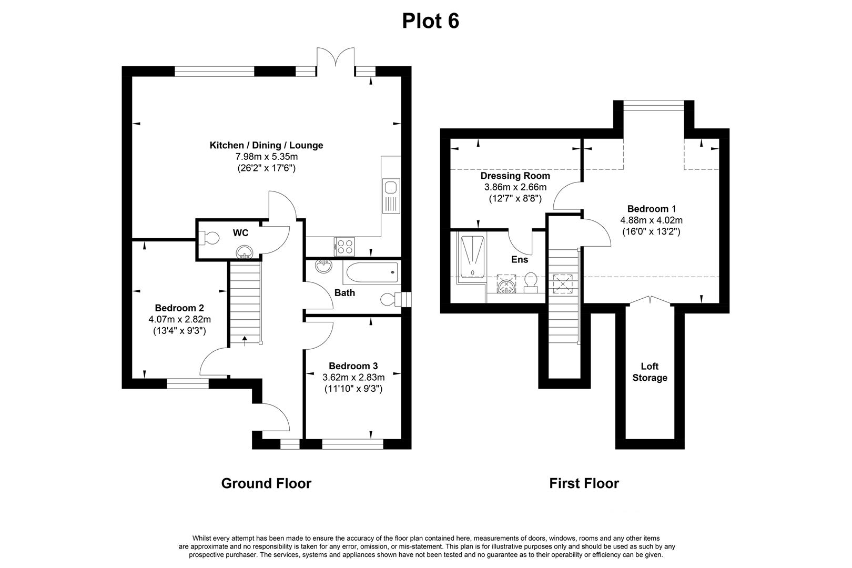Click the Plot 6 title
(x=430, y=21)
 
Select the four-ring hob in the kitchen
(x=344, y=245)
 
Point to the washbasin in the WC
(x=244, y=253)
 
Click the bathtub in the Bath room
(x=371, y=272)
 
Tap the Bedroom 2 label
(x=179, y=308)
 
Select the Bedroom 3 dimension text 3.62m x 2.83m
(x=353, y=377)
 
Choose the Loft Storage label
(x=650, y=372)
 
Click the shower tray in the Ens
(x=472, y=257)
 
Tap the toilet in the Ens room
(x=530, y=283)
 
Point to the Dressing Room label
(x=515, y=176)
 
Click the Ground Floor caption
(x=266, y=483)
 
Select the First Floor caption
(x=584, y=483)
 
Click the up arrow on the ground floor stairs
(x=245, y=340)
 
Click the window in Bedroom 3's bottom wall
(x=353, y=444)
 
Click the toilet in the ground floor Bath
(x=390, y=299)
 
